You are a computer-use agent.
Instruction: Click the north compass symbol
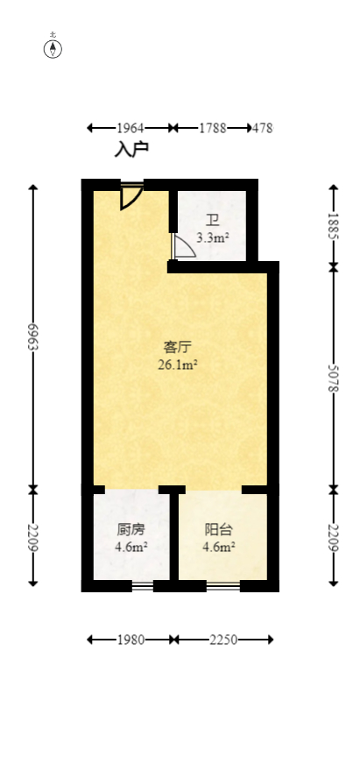pyautogui.click(x=53, y=47)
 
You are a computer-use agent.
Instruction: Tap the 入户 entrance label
pyautogui.click(x=131, y=149)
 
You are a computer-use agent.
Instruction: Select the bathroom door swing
pyautogui.click(x=183, y=248)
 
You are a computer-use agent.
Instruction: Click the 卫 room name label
pyautogui.click(x=213, y=221)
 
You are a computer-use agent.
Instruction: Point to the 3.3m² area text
pyautogui.click(x=213, y=237)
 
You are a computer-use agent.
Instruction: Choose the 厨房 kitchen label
pyautogui.click(x=131, y=529)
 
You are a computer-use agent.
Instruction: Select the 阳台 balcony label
pyautogui.click(x=219, y=529)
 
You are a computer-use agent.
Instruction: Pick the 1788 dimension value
pyautogui.click(x=212, y=128)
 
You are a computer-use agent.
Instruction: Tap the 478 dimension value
pyautogui.click(x=262, y=128)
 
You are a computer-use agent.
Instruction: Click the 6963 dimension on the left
pyautogui.click(x=33, y=336)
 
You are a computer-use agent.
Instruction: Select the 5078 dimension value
pyautogui.click(x=333, y=377)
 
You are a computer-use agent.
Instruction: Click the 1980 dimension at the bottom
pyautogui.click(x=131, y=640)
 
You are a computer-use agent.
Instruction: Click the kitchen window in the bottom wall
pyautogui.click(x=142, y=585)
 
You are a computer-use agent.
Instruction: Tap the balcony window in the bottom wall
pyautogui.click(x=222, y=585)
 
